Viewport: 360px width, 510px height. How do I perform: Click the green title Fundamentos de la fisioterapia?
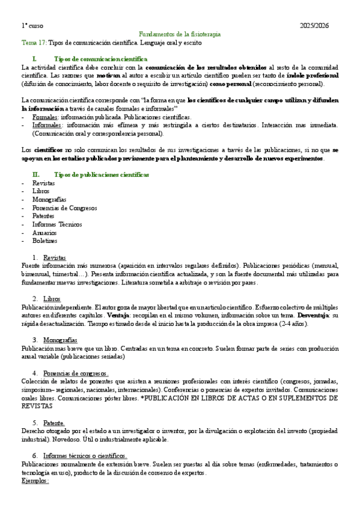(x=180, y=35)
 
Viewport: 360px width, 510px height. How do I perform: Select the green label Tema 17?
(x=34, y=43)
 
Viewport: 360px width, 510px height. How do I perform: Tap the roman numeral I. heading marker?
(x=35, y=60)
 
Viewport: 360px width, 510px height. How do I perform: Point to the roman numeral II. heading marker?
(x=35, y=174)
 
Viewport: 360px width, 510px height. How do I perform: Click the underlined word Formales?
(x=46, y=117)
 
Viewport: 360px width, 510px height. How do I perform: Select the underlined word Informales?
(x=47, y=125)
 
